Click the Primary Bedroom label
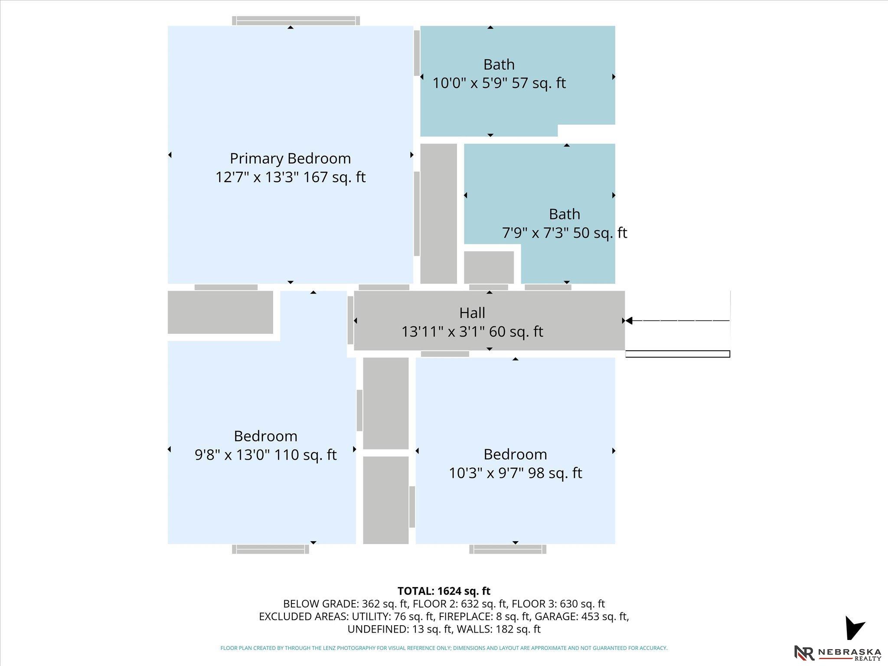290,159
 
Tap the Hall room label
472,313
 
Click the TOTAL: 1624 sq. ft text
444,591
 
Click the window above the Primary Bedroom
296,21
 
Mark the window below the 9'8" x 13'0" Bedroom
271,549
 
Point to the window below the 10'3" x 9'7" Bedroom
508,549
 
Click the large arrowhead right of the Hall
629,321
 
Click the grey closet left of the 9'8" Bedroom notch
220,312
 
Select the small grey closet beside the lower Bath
489,268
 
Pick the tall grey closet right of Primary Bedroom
439,214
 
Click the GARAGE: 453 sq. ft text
581,616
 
